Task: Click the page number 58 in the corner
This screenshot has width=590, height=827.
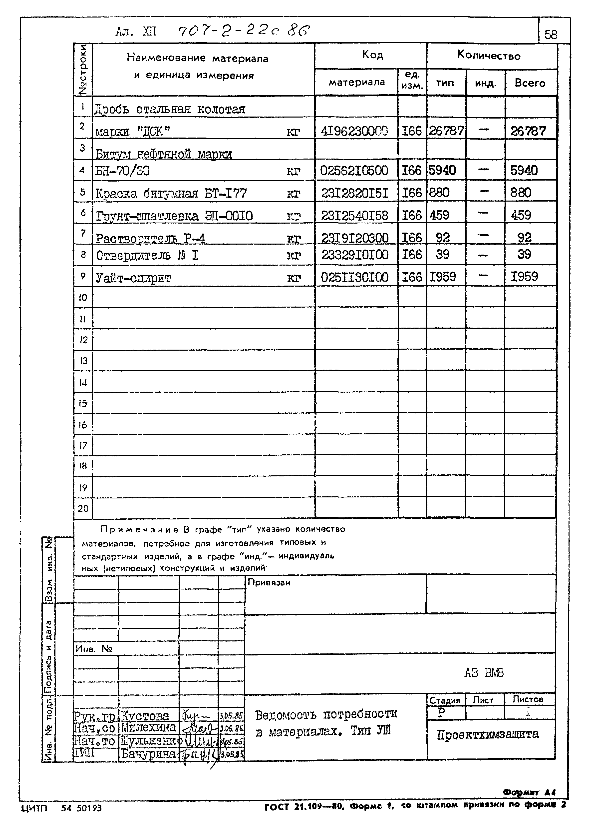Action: click(x=551, y=35)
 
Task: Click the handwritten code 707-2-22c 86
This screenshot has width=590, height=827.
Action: click(x=244, y=31)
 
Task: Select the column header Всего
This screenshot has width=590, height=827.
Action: click(x=530, y=83)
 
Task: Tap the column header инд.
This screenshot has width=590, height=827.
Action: click(x=485, y=83)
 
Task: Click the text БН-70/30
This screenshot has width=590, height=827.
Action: click(x=122, y=171)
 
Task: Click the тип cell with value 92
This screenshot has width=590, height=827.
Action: click(x=443, y=238)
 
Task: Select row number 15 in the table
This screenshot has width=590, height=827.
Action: click(x=83, y=403)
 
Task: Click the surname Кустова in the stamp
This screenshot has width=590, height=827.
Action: click(x=145, y=716)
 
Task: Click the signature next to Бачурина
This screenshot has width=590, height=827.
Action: click(x=198, y=754)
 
